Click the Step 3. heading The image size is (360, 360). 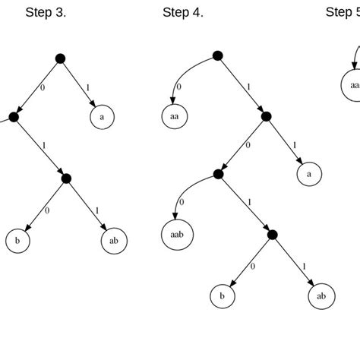coord(46,12)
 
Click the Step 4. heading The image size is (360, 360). coord(182,12)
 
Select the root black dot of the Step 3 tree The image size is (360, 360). coord(61,58)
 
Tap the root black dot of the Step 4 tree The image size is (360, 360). coord(217,55)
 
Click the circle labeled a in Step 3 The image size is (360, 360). coord(103,117)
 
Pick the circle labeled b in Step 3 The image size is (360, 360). coord(17,241)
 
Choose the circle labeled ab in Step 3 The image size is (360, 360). coord(114,241)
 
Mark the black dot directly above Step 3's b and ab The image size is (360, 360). coord(65,178)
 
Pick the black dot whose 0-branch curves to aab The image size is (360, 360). coord(218,175)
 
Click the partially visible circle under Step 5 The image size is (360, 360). coord(353,86)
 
